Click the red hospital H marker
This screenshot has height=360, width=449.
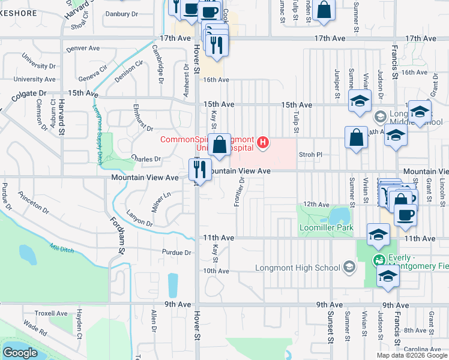[262, 143]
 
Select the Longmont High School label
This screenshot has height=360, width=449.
[297, 268]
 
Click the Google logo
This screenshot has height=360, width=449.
[20, 353]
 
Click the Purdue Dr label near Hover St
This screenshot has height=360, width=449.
[176, 253]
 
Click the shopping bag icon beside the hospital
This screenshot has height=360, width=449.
[220, 145]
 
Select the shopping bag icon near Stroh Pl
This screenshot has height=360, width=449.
[356, 137]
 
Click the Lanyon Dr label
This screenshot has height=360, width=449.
[140, 218]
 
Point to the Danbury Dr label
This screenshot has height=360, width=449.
[122, 13]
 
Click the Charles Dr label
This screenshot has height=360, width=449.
[146, 160]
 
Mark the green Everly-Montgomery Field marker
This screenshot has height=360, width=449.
[379, 260]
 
